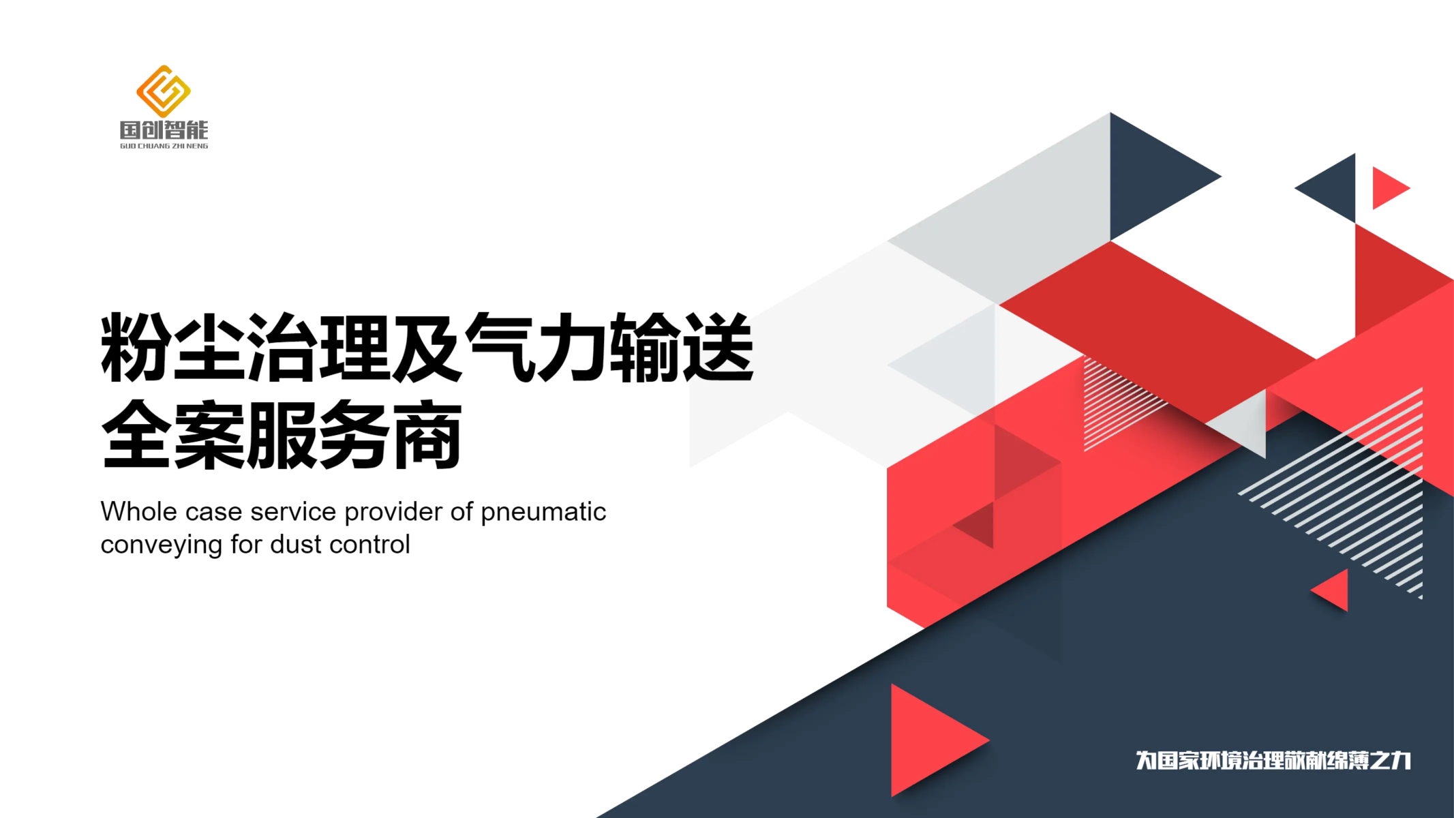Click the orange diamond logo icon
[x=164, y=91]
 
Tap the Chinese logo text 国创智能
[x=164, y=130]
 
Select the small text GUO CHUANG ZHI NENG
[x=164, y=146]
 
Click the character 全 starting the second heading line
[x=136, y=434]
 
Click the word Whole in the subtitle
[x=139, y=511]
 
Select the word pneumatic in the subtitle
[x=543, y=513]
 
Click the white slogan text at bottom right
[x=1273, y=760]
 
